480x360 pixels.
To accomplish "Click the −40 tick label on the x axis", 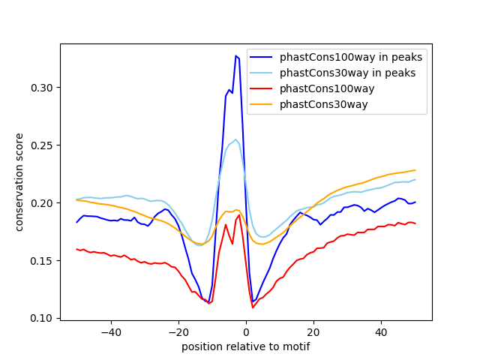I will [x=110, y=332].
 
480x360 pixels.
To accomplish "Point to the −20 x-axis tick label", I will [x=178, y=332].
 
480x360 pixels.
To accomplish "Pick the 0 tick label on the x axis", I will [x=246, y=332].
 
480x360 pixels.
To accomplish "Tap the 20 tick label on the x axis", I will [x=313, y=332].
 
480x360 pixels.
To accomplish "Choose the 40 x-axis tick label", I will [x=381, y=332].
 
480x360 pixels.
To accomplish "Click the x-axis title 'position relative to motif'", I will [x=246, y=347].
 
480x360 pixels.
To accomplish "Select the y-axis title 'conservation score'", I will [x=19, y=182].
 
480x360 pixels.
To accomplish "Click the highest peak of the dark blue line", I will [x=235, y=55].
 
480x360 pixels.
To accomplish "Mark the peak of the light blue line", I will [x=235, y=139].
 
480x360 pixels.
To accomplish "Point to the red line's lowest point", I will [x=253, y=307].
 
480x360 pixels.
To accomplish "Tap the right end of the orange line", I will [x=415, y=170].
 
